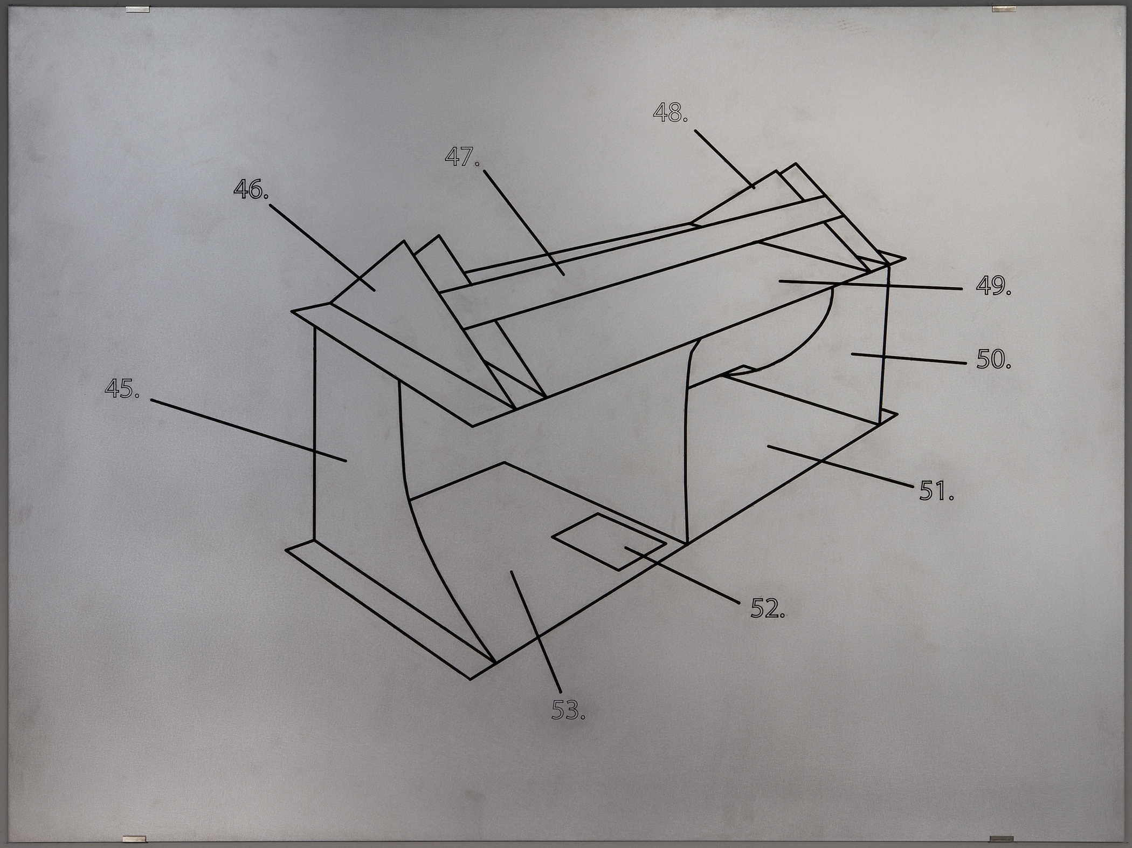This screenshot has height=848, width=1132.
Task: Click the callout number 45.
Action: (x=122, y=388)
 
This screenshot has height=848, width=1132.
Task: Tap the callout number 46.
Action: (x=251, y=189)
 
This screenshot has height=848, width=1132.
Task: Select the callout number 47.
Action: (x=462, y=157)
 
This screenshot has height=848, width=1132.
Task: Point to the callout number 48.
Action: (x=671, y=113)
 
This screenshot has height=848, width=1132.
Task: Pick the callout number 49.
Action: (x=993, y=285)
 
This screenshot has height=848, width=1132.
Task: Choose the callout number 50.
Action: (x=993, y=359)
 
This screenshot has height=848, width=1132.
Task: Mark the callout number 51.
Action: (x=936, y=491)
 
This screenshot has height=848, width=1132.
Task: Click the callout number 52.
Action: (x=768, y=608)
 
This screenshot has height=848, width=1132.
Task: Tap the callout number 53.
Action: (x=568, y=709)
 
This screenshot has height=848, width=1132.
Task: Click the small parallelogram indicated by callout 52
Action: (x=608, y=542)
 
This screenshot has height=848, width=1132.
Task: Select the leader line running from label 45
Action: (x=248, y=430)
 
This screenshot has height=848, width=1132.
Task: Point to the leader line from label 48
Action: (x=724, y=159)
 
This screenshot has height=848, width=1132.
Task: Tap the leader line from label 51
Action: (x=841, y=467)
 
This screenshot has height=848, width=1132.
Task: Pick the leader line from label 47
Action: (x=524, y=223)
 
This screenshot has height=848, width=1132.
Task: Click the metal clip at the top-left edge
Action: (x=137, y=10)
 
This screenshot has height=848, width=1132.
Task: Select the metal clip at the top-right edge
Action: (x=1004, y=9)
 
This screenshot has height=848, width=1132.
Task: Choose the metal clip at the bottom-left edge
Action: (x=135, y=839)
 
